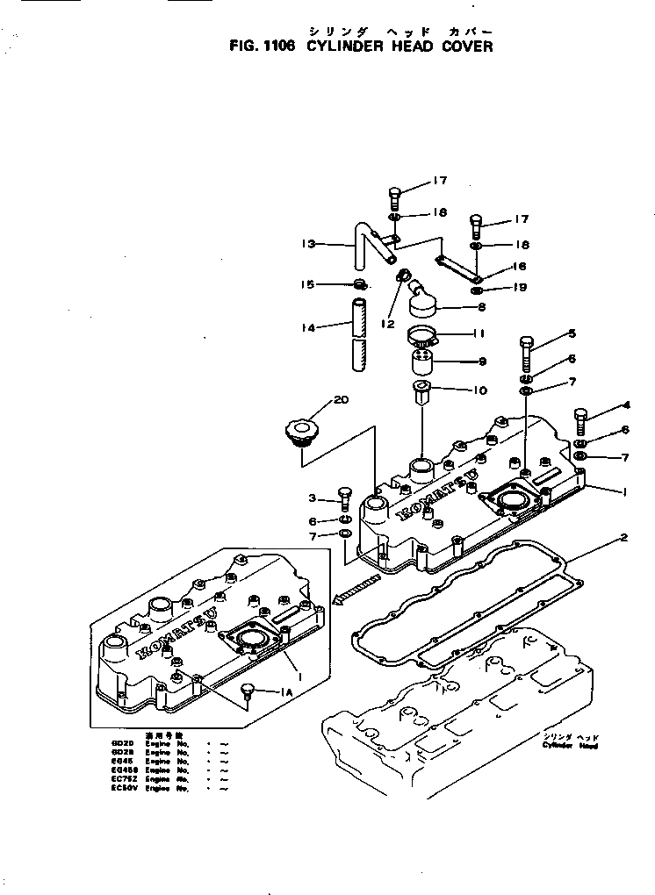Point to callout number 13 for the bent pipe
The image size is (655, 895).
[x=307, y=245]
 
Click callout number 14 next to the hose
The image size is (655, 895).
[x=307, y=327]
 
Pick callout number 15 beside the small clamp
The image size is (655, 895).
[x=307, y=283]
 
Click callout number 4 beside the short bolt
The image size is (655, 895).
[x=626, y=405]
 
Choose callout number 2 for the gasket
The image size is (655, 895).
[x=624, y=536]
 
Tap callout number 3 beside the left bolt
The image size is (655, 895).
[x=312, y=498]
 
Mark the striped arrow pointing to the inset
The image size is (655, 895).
[x=356, y=590]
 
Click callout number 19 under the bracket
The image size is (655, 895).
[x=520, y=287]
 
